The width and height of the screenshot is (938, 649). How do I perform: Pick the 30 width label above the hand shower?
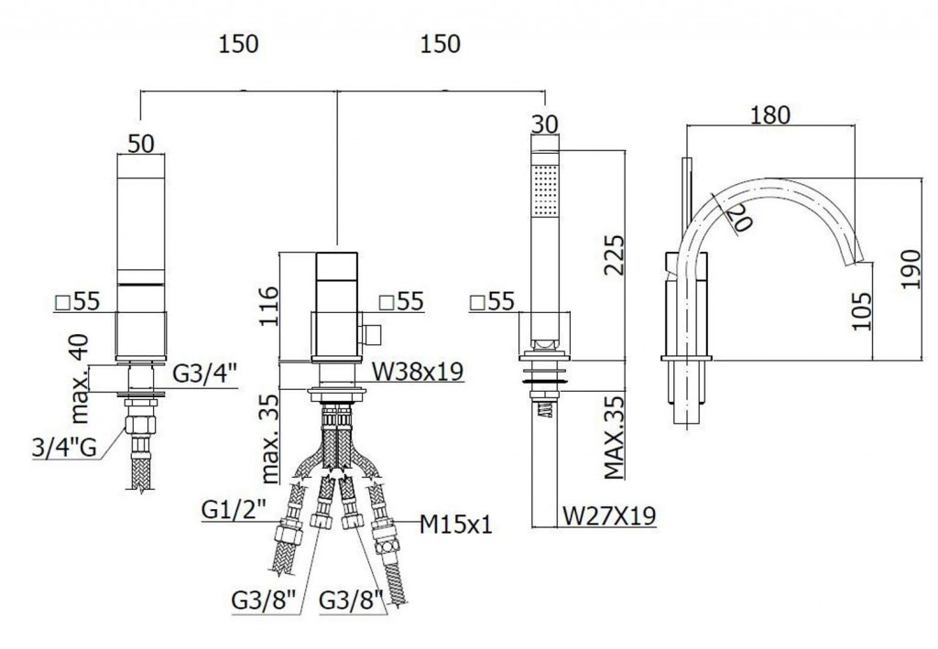point(544,124)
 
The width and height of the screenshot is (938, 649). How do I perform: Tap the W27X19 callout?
point(608,516)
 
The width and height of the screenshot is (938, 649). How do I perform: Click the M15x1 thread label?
point(456,525)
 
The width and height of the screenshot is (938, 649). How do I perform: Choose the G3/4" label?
point(205,373)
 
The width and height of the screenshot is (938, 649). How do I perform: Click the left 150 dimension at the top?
point(239,43)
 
